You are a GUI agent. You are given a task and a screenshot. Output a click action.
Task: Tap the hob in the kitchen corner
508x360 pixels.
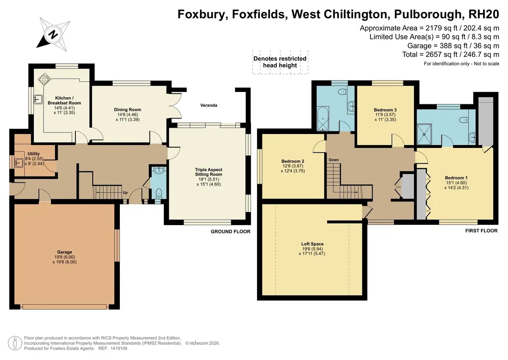coord(44,79)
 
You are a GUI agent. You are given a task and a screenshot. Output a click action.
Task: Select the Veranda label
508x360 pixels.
coord(209,105)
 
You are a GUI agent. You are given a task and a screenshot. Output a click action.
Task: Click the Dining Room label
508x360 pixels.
coord(127,109)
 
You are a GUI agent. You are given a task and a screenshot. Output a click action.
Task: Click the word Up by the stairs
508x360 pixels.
coord(125,193)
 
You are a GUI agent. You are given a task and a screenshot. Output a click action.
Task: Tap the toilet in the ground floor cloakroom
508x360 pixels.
coord(159,193)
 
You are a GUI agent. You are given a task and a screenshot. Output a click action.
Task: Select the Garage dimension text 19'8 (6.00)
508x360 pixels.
coord(65,257)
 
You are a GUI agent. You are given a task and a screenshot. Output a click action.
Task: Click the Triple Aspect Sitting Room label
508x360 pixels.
coord(209,172)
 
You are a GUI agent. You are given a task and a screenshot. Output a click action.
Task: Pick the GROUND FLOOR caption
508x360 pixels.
coord(231,232)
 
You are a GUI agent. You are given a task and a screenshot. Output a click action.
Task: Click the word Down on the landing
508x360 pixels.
coord(334,160)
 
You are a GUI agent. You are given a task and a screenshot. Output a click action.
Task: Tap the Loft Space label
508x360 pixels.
coord(312,244)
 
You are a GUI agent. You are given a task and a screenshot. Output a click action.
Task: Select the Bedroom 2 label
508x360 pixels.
coord(293,161)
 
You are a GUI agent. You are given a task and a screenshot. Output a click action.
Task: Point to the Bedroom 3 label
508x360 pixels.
coord(385,110)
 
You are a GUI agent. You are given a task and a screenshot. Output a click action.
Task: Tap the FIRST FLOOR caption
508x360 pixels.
coord(481,231)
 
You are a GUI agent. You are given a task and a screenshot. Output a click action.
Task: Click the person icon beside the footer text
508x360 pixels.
coord(15,343)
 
